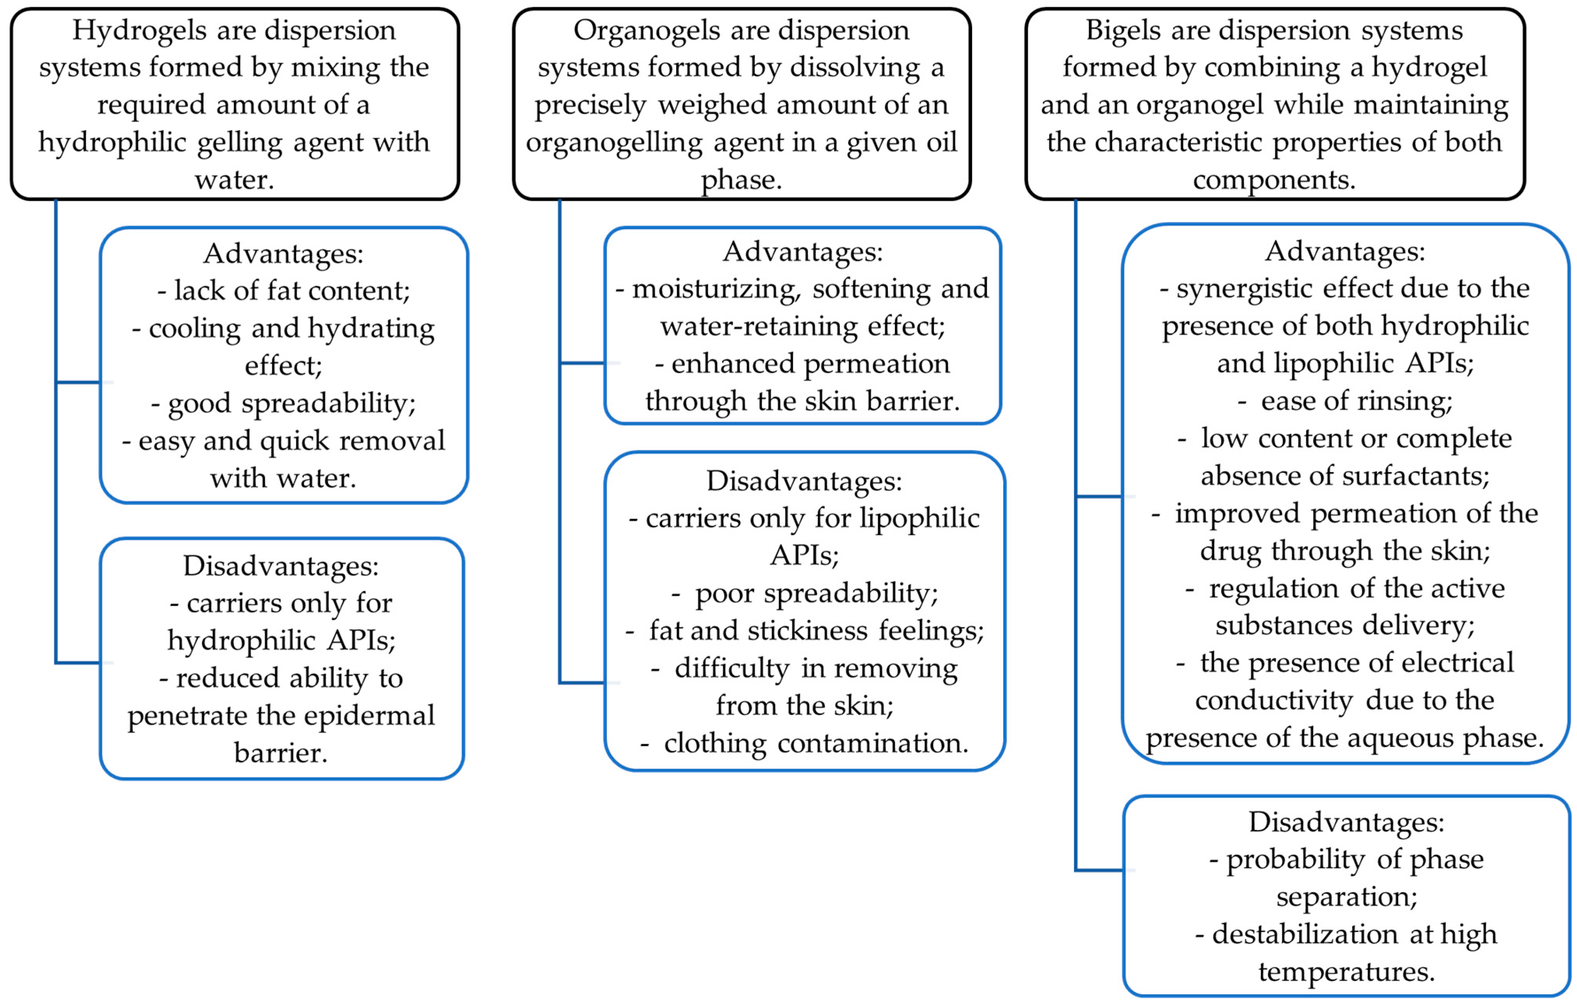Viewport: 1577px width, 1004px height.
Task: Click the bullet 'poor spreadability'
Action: [x=815, y=593]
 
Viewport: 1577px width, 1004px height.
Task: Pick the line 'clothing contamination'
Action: [x=815, y=743]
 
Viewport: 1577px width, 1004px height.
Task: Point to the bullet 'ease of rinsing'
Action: [x=1355, y=401]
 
